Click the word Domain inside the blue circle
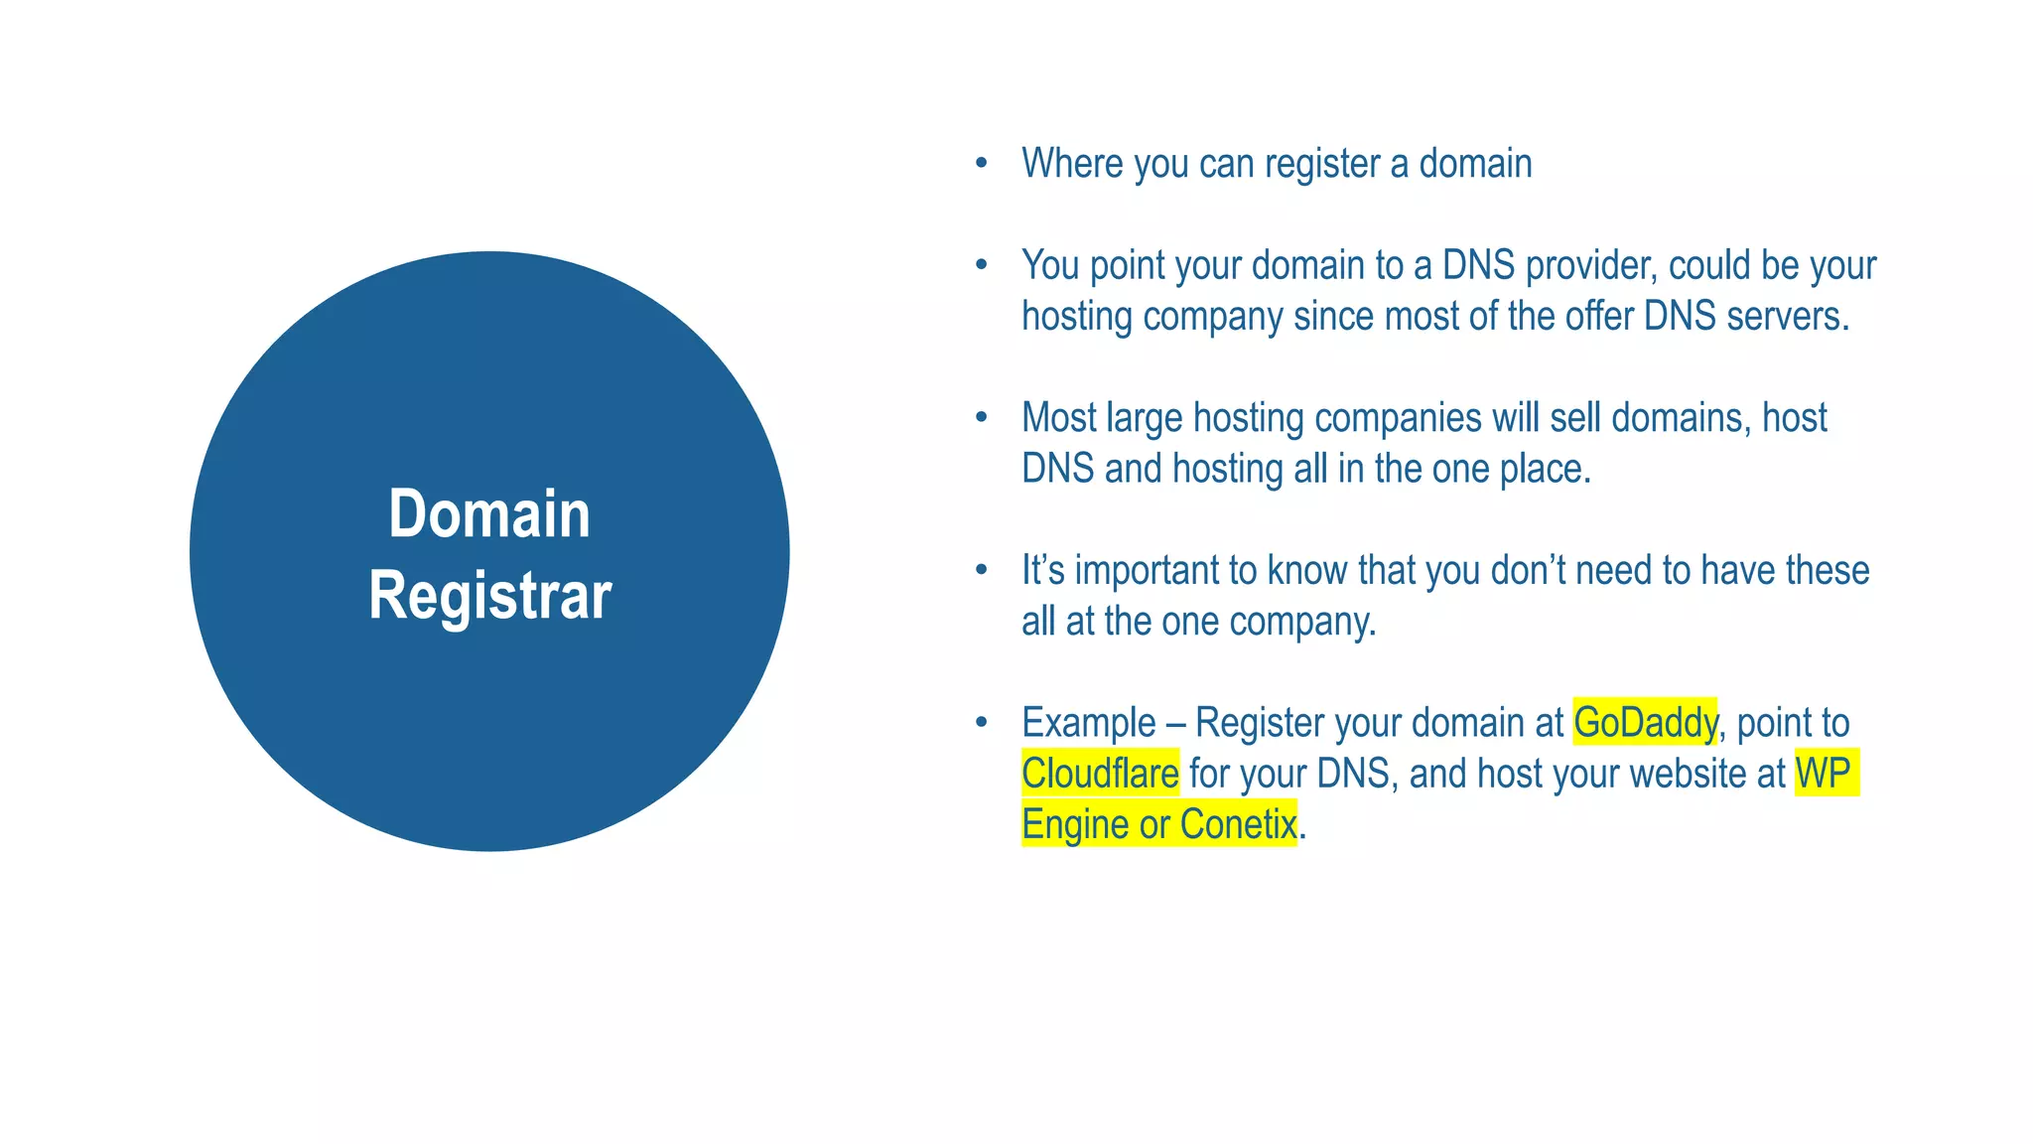click(x=489, y=514)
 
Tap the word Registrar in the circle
click(x=489, y=596)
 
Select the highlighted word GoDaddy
click(x=1645, y=722)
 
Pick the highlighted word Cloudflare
click(x=1100, y=774)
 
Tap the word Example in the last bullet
click(x=1089, y=723)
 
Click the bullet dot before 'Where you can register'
click(x=982, y=163)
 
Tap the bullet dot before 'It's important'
click(x=982, y=570)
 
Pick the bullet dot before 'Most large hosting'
click(x=982, y=417)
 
